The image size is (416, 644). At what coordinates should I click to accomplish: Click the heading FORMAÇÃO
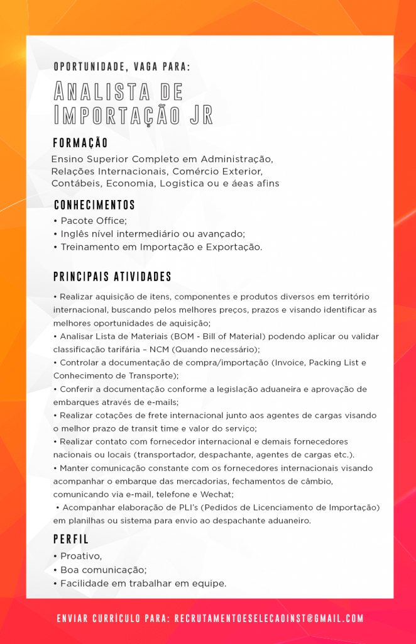tap(80, 143)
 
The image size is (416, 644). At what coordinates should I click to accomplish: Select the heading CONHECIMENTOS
tap(94, 205)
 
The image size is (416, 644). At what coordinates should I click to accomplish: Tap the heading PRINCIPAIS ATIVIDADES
tap(112, 277)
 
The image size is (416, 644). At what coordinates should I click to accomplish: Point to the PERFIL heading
tap(71, 540)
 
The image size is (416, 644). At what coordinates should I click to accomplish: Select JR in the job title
tap(201, 116)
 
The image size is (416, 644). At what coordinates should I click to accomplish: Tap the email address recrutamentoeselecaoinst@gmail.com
tap(268, 619)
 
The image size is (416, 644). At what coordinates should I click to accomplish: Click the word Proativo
tap(80, 557)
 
